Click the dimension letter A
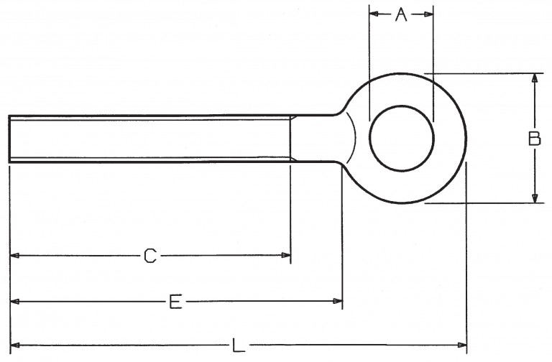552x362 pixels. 401,14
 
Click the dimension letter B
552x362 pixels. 535,138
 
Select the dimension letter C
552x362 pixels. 150,256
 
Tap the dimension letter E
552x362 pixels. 175,302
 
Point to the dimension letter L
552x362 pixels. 239,345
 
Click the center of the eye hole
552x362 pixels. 402,138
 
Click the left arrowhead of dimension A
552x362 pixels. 374,14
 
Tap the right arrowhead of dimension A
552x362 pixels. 428,14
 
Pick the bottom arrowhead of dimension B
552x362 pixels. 535,198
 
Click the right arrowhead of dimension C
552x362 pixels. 286,256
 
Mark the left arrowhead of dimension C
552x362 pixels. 15,256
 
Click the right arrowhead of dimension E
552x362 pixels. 338,301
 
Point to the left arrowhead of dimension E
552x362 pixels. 15,301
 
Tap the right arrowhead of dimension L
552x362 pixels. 462,345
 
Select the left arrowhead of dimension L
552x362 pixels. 15,345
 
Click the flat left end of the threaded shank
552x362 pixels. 9,139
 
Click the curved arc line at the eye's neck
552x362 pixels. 354,138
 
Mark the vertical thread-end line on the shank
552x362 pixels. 290,139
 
